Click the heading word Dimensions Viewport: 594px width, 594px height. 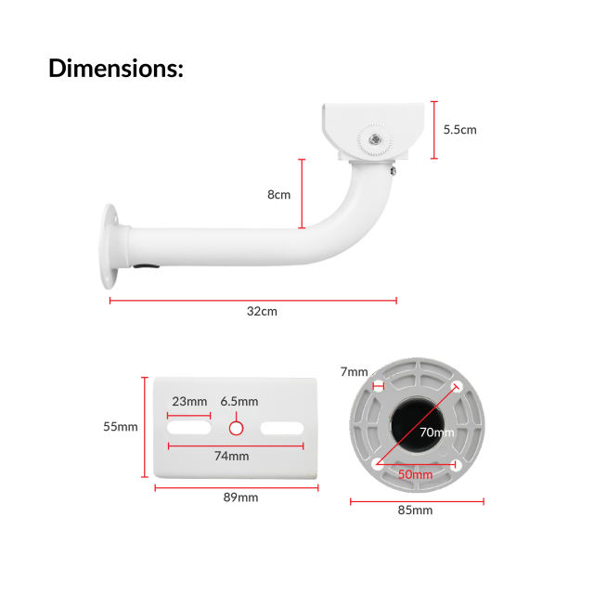[x=116, y=68]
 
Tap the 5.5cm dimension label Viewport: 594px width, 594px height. [x=459, y=130]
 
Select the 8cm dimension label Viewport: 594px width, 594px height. [x=278, y=195]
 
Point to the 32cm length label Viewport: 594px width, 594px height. [x=262, y=312]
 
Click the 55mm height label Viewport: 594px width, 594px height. [x=121, y=427]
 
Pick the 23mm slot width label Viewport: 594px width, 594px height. [x=189, y=402]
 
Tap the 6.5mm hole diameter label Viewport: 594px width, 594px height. [x=239, y=402]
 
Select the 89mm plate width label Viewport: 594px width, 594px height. [x=240, y=497]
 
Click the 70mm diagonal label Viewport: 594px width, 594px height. [x=436, y=433]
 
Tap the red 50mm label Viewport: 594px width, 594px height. [x=415, y=474]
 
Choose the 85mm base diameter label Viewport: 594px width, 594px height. [x=415, y=510]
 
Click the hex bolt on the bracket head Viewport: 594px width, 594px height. [x=374, y=138]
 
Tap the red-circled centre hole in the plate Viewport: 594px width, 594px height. [x=236, y=428]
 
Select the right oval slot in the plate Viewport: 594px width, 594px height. [x=282, y=428]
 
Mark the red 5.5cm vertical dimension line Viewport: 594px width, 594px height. [x=433, y=130]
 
